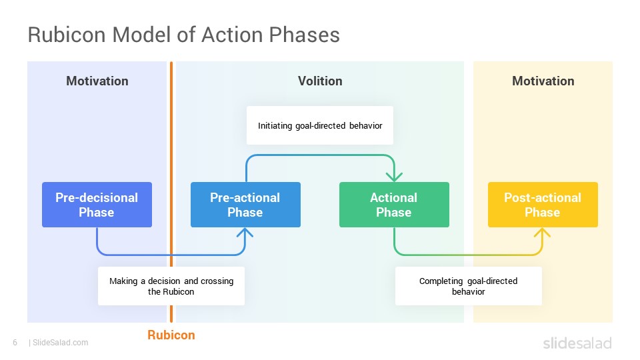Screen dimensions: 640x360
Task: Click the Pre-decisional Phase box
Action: [x=97, y=205]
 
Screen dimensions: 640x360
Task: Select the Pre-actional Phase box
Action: [x=245, y=205]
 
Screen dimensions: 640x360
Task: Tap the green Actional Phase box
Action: [x=394, y=205]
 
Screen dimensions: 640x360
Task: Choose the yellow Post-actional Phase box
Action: [x=543, y=205]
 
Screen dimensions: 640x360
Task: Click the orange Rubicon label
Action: [x=171, y=335]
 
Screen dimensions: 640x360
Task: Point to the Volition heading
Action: [x=320, y=81]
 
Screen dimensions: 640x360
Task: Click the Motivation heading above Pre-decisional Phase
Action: [x=97, y=81]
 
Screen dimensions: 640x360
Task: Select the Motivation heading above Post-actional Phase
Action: [x=543, y=81]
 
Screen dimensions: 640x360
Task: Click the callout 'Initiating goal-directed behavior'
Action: [x=320, y=125]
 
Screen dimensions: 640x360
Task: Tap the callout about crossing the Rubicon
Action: [x=171, y=286]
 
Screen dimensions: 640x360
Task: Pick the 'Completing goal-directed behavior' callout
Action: [x=469, y=286]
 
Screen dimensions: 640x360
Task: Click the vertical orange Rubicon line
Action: [x=171, y=192]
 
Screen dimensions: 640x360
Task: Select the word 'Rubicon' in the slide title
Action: [x=67, y=35]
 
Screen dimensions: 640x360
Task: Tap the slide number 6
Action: [x=15, y=343]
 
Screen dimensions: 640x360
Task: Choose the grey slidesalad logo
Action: [x=577, y=343]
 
